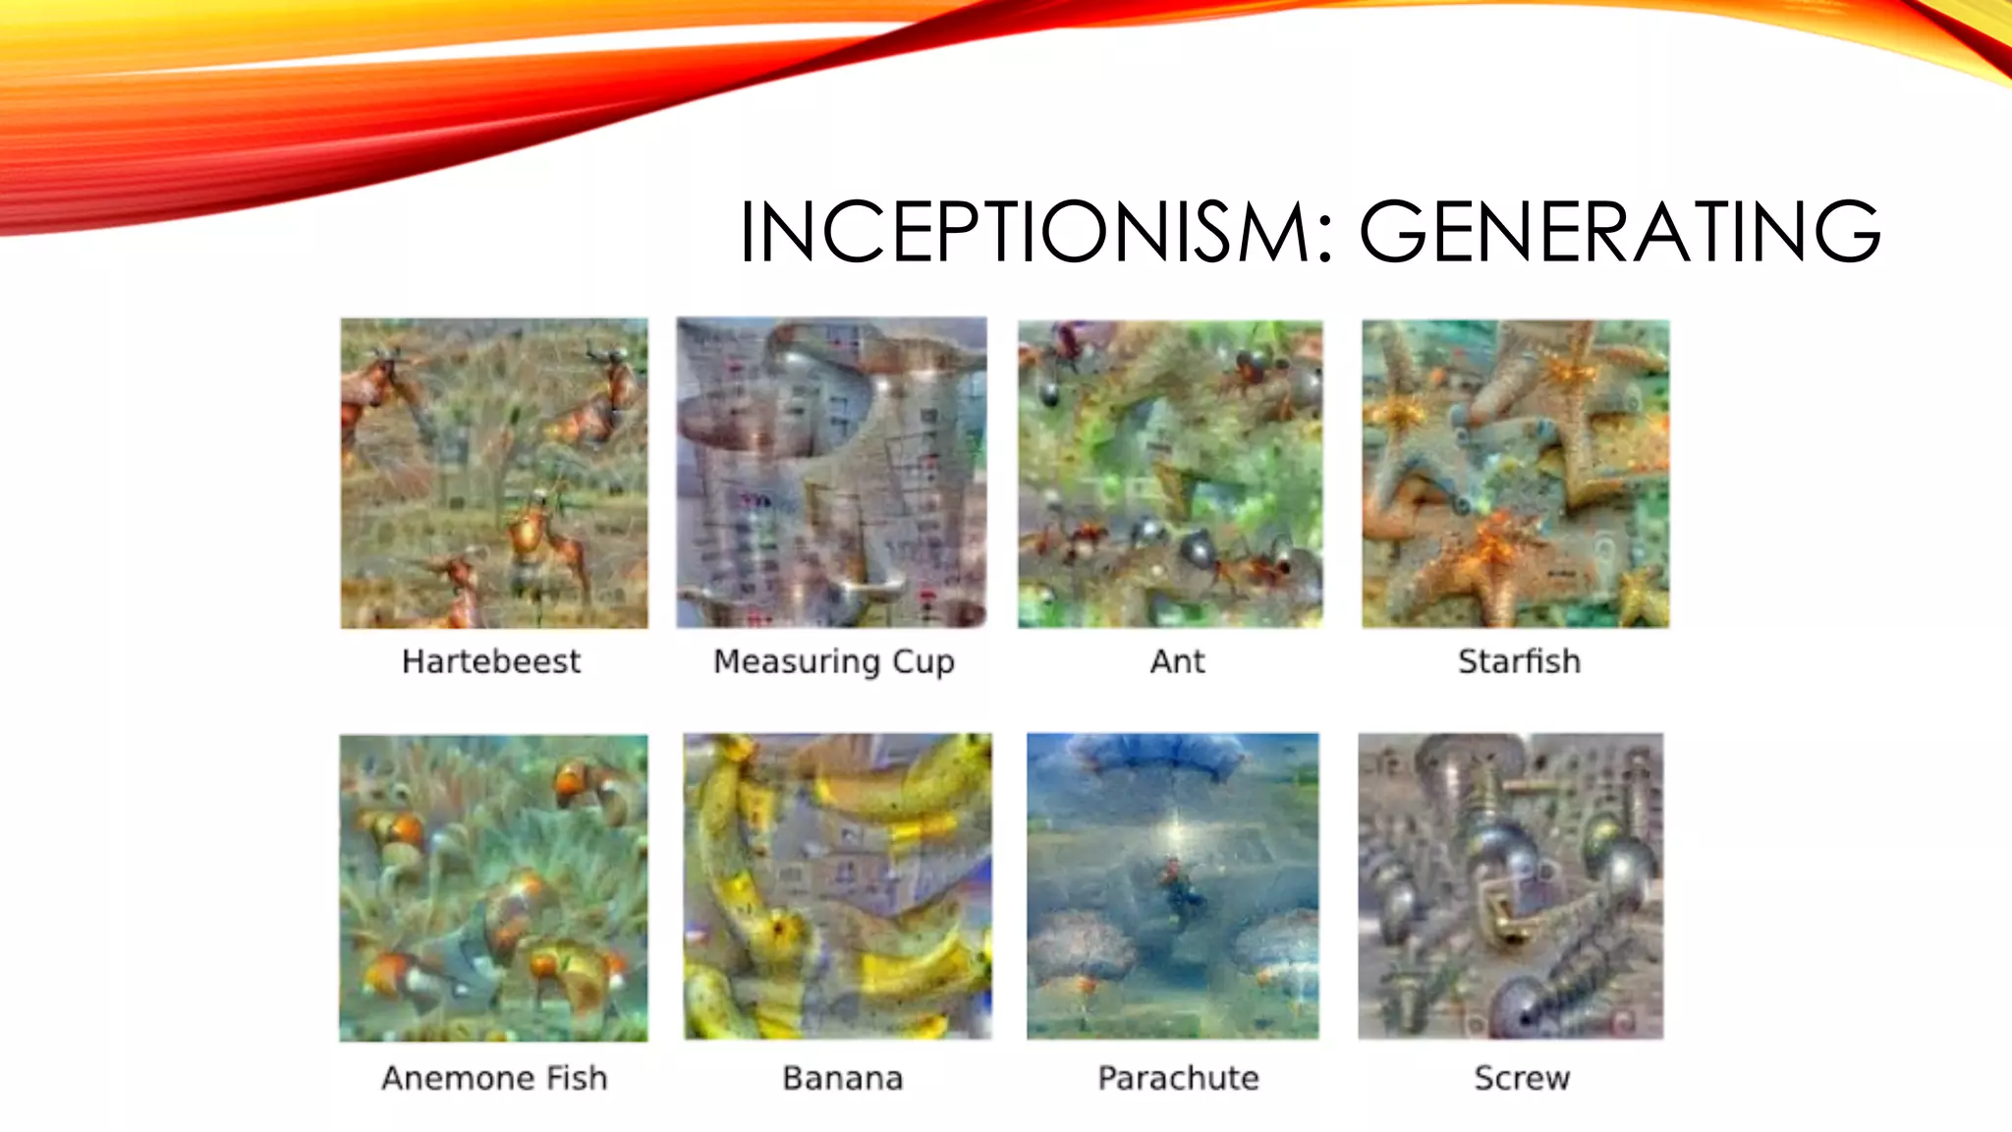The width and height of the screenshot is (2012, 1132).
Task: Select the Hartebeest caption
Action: [491, 661]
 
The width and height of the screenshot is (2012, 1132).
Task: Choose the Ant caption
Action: [1177, 661]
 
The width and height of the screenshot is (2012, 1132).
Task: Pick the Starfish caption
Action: [1519, 661]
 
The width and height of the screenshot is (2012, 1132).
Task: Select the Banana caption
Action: [842, 1078]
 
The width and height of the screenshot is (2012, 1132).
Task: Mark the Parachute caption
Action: [1178, 1078]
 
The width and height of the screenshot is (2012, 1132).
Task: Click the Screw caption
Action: [1522, 1078]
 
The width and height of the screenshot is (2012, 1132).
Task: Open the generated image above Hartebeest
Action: [494, 473]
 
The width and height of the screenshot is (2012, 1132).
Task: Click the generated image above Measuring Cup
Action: [831, 473]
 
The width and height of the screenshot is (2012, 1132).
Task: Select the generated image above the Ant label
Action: [1170, 474]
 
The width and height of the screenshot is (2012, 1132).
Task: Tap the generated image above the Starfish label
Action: [1515, 474]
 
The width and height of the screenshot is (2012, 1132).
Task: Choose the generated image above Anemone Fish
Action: [493, 887]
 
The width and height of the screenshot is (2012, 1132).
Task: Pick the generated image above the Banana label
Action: [837, 886]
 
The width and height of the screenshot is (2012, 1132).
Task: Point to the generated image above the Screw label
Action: [1511, 885]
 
